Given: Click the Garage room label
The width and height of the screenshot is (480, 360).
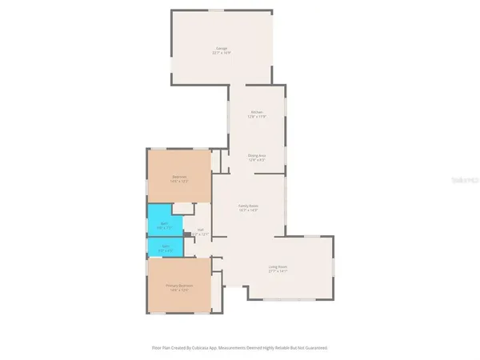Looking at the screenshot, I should pyautogui.click(x=221, y=48).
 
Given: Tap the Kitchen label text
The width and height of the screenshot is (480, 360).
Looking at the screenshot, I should pyautogui.click(x=257, y=112).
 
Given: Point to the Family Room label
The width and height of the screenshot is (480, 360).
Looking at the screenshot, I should pyautogui.click(x=248, y=206).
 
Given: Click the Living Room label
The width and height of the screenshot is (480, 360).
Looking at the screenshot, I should pyautogui.click(x=278, y=267).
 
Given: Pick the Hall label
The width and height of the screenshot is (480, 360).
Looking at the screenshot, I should pyautogui.click(x=200, y=230).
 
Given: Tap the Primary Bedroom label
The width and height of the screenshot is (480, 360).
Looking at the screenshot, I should pyautogui.click(x=180, y=286).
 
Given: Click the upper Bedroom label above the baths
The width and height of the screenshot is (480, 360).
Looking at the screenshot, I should pyautogui.click(x=179, y=177).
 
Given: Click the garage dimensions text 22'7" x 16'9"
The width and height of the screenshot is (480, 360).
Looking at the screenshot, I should pyautogui.click(x=221, y=53).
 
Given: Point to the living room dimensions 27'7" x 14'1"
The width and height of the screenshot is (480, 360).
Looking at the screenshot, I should pyautogui.click(x=278, y=272).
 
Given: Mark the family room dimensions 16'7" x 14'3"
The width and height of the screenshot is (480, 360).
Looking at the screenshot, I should pyautogui.click(x=248, y=211).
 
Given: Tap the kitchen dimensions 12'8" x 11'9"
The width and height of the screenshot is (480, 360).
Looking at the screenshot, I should pyautogui.click(x=257, y=117).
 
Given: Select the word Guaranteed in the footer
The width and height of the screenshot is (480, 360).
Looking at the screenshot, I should pyautogui.click(x=314, y=348).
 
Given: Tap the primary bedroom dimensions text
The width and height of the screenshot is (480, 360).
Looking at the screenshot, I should pyautogui.click(x=180, y=290).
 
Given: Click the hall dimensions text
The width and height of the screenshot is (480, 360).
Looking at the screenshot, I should pyautogui.click(x=201, y=234).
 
